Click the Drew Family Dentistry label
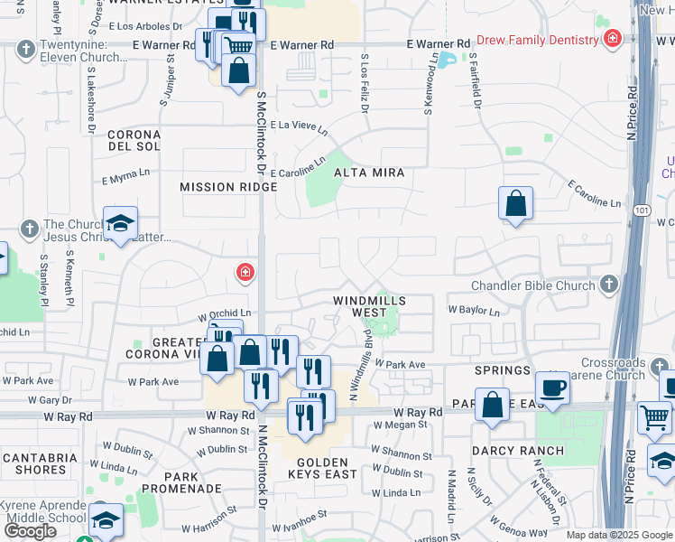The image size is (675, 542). point(537,40)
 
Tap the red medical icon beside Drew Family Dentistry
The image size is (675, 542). point(613,40)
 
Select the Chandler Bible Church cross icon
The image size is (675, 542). point(609,285)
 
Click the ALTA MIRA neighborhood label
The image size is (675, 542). point(369,172)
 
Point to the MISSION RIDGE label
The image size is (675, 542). point(228,187)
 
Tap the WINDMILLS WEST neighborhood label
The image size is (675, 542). point(369,305)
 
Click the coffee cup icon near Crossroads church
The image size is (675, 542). point(552,388)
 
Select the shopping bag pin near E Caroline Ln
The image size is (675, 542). point(515,203)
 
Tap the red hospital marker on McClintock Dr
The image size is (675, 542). point(244,271)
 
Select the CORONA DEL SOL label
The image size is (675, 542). point(134,139)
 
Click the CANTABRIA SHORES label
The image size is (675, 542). point(41,463)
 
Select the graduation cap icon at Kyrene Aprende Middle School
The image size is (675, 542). point(106,519)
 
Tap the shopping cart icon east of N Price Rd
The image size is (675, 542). point(654,417)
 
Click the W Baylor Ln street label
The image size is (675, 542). point(474,311)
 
